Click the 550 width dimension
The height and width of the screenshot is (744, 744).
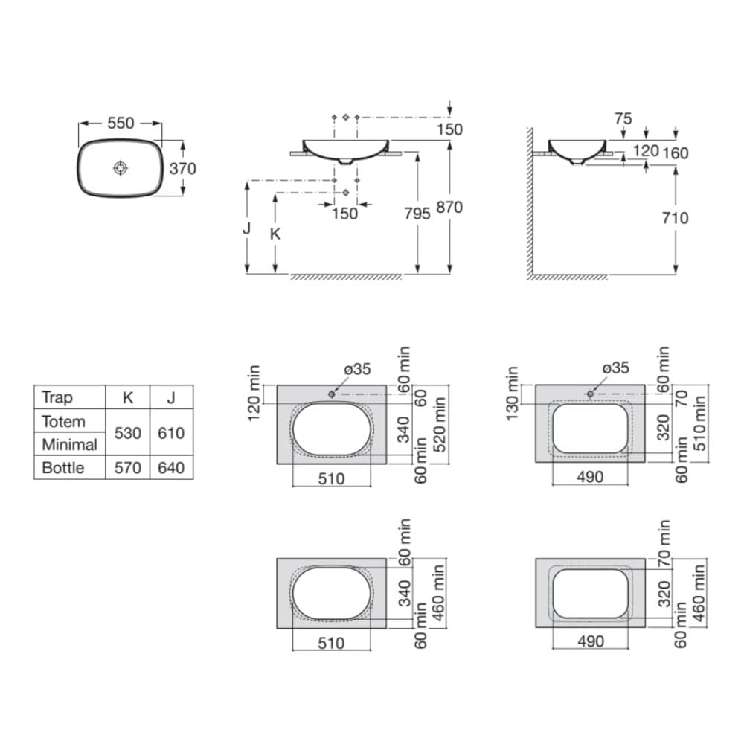click(x=121, y=123)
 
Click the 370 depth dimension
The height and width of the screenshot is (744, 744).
click(x=183, y=168)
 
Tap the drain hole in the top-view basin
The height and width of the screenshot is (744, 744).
click(x=121, y=167)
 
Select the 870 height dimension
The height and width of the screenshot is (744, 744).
click(x=449, y=208)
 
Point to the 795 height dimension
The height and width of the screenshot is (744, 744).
click(x=417, y=214)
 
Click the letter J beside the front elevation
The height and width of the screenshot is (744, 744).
click(x=246, y=228)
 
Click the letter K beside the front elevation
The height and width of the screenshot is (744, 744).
click(x=275, y=234)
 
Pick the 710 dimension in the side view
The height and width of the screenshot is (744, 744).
click(x=676, y=218)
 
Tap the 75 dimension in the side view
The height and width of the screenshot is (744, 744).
click(x=623, y=118)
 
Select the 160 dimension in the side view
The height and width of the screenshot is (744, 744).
click(x=676, y=153)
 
